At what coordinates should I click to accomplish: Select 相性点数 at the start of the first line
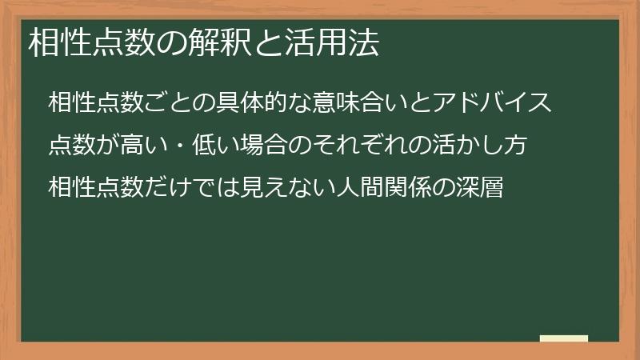tap(98, 104)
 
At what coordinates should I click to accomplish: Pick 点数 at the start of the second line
tap(73, 147)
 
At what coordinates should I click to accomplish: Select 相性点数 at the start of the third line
tap(98, 190)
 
